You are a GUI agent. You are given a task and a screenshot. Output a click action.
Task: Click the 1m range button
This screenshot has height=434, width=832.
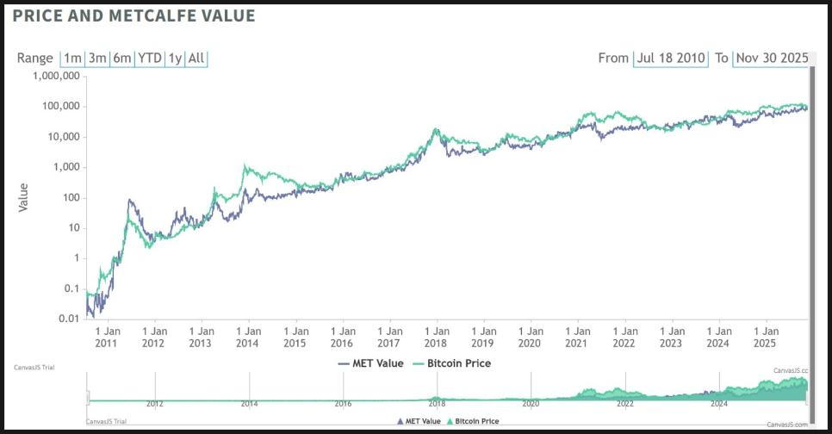tap(72, 59)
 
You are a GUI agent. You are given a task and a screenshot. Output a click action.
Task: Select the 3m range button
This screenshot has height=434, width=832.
tap(97, 59)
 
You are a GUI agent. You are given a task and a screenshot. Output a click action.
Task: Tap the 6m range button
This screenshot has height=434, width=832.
tap(122, 59)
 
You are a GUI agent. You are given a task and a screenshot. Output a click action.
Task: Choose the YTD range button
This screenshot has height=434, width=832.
tap(151, 59)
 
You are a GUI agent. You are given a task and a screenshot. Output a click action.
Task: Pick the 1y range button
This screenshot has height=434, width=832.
tap(175, 59)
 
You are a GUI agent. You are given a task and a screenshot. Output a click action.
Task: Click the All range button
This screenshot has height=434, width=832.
tap(196, 59)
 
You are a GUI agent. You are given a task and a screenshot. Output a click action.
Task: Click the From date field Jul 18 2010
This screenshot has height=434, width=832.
tap(670, 59)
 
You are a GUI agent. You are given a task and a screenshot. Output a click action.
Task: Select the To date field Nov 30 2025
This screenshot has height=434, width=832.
tap(771, 59)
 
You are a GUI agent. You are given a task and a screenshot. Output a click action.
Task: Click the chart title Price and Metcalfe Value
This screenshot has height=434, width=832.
tap(133, 15)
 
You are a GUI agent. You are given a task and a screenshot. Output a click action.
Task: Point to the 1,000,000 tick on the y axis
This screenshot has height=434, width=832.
tap(55, 76)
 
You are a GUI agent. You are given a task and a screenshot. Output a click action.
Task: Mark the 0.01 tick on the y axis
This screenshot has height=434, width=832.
tap(68, 319)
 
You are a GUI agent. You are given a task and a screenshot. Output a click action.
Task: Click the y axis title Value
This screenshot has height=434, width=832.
tap(23, 197)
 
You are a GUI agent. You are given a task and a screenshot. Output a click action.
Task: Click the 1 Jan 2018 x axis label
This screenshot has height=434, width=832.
tap(437, 337)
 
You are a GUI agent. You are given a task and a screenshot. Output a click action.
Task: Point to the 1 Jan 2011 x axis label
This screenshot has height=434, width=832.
tap(108, 337)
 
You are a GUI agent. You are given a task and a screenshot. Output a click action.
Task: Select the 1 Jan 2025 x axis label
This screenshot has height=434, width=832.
tap(767, 337)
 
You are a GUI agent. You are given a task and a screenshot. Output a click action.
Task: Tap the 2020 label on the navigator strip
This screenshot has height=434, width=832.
tap(531, 403)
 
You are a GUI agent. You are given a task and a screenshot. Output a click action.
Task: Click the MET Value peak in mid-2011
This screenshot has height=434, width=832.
tap(130, 201)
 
